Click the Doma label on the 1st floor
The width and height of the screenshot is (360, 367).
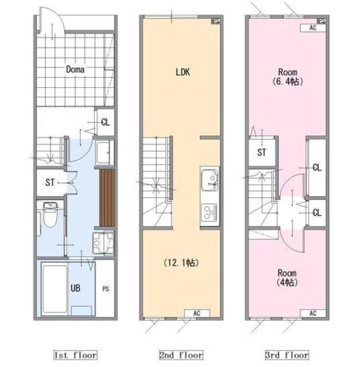point(75,69)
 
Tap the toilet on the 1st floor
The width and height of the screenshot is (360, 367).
point(50,214)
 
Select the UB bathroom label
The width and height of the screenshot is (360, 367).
point(75,288)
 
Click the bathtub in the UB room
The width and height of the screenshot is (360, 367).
point(55,289)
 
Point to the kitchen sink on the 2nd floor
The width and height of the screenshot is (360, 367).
point(210,179)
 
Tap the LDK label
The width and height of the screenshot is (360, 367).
point(183,72)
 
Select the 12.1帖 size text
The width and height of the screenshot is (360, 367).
point(181,263)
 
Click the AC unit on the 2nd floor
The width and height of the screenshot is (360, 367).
point(197,313)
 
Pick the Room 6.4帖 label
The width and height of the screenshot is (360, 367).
point(288,77)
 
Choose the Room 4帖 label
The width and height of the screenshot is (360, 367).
point(287,278)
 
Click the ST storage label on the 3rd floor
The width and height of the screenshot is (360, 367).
point(262,153)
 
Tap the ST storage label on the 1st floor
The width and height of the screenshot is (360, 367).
point(50,182)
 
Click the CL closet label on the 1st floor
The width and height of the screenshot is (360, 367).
point(106,122)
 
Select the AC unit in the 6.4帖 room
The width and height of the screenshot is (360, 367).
point(313,28)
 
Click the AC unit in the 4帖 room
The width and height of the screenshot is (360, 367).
point(313,313)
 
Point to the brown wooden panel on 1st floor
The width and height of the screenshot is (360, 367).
point(107,198)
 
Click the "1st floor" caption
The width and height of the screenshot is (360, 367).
point(75,355)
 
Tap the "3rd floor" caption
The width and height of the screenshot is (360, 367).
point(287,355)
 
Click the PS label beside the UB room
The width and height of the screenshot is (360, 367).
point(106,289)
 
